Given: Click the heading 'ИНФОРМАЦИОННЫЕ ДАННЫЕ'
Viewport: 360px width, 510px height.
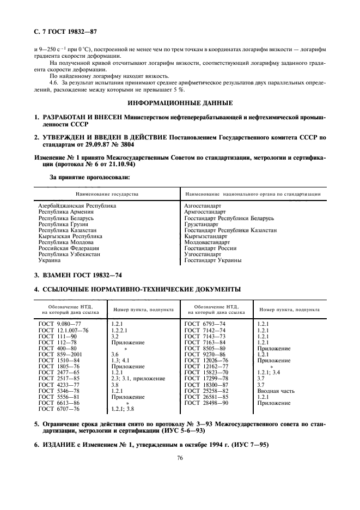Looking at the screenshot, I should click(x=180, y=102).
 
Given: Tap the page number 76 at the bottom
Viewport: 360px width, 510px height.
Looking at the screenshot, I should click(x=179, y=458).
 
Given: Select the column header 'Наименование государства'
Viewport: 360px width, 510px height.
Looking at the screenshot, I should click(x=107, y=194).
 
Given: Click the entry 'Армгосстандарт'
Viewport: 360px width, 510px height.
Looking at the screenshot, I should click(x=205, y=212).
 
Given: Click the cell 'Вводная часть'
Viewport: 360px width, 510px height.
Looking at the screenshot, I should click(x=275, y=390).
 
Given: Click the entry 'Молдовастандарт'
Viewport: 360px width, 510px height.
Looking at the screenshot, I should click(x=208, y=242).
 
